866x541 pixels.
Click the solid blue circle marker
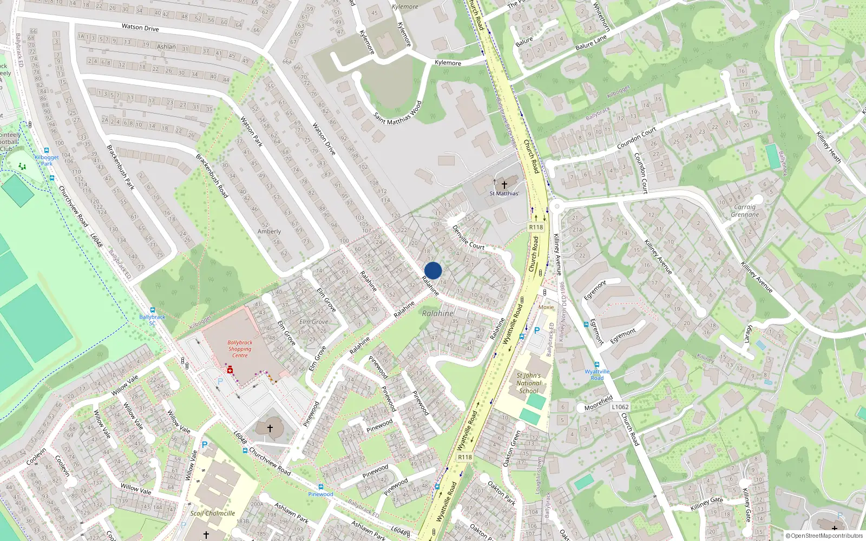[433, 270]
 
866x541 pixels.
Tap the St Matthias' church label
[504, 193]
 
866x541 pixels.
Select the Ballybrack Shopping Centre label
[240, 349]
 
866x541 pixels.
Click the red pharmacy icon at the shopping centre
[230, 370]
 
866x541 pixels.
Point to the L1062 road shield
[620, 407]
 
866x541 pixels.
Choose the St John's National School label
[529, 383]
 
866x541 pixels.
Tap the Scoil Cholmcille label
[213, 513]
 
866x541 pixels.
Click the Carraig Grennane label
[745, 211]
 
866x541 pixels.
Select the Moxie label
[546, 307]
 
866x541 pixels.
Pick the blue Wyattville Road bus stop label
[597, 374]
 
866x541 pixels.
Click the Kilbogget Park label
[47, 161]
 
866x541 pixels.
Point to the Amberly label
[269, 232]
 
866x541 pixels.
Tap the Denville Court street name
[468, 237]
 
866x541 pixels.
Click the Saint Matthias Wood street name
[398, 113]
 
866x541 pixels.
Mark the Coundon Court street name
[637, 138]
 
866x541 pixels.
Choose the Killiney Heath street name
[829, 147]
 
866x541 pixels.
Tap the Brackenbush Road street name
[212, 176]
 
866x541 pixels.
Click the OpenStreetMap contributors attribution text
[826, 536]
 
